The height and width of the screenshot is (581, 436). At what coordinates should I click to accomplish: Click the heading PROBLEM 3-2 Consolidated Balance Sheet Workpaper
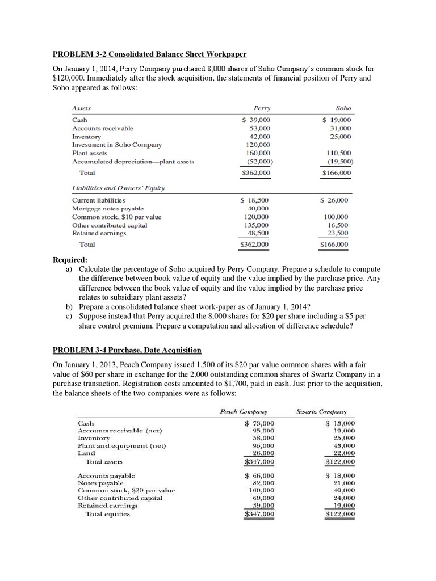tap(149, 54)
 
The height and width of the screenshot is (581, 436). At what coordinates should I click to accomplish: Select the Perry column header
tap(263, 108)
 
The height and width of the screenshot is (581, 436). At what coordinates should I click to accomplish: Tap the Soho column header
tap(343, 108)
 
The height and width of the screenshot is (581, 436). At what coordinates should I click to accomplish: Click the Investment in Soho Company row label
tap(116, 145)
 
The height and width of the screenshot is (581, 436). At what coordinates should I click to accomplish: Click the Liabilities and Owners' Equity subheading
tap(119, 188)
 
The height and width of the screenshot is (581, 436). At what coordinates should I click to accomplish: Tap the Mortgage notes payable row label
tap(108, 208)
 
